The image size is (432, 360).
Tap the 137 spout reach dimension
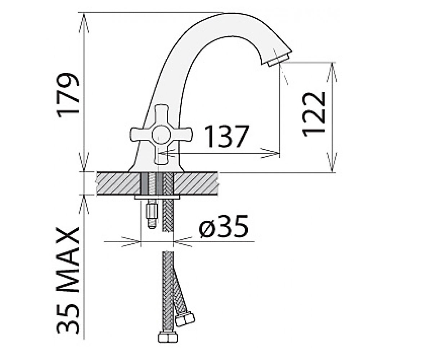pyautogui.click(x=226, y=136)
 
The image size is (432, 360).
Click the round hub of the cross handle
pyautogui.click(x=161, y=135)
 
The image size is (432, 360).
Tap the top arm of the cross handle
pyautogui.click(x=161, y=115)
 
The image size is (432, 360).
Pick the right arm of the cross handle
pyautogui.click(x=181, y=135)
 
